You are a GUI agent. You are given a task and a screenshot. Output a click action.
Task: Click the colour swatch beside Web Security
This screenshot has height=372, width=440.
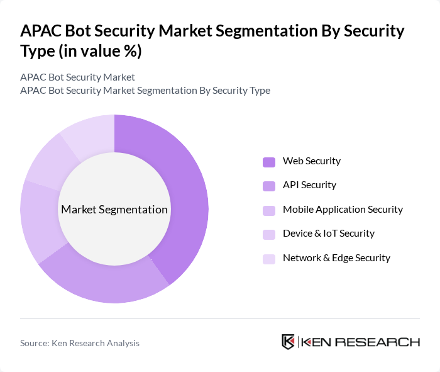tap(269, 162)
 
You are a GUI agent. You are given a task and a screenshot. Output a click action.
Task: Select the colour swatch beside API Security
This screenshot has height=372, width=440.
tap(269, 186)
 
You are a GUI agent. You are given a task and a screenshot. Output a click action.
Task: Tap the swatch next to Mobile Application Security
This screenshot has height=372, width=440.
tap(269, 210)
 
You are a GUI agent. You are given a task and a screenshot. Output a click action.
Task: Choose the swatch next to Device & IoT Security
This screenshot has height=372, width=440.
tap(269, 234)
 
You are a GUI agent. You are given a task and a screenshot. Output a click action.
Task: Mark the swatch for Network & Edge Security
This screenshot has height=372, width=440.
tap(269, 259)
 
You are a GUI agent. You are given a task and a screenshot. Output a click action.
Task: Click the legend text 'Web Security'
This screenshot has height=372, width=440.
tap(311, 161)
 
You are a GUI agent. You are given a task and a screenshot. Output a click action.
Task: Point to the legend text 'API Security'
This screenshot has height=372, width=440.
tap(309, 185)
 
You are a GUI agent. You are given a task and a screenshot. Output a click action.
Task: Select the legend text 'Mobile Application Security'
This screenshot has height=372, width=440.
tap(343, 210)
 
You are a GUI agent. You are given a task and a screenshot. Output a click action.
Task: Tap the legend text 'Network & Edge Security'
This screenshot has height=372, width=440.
tap(336, 258)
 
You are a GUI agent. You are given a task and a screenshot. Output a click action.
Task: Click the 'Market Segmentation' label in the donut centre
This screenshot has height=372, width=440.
tap(114, 210)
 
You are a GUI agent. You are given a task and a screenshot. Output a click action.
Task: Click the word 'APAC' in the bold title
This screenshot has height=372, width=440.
tap(41, 31)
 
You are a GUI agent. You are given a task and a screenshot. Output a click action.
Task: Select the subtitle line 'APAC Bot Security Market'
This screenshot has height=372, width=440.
tap(77, 77)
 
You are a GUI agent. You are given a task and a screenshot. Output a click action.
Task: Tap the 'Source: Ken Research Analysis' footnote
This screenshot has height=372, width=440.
tap(80, 343)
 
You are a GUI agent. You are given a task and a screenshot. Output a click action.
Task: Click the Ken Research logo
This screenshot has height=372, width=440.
tap(350, 342)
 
